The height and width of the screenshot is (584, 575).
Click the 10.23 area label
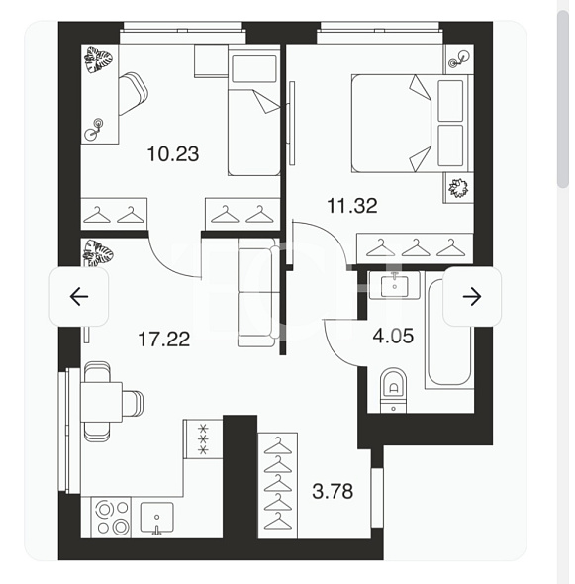[173, 153]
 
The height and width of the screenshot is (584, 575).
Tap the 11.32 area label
[352, 205]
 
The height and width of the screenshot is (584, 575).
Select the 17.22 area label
[164, 339]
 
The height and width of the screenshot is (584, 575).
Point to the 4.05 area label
[393, 336]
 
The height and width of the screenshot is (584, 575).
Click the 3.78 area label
[333, 491]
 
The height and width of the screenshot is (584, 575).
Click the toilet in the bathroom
[393, 390]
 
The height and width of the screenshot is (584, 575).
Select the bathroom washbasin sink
[394, 285]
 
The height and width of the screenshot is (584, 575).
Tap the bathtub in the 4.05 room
[449, 332]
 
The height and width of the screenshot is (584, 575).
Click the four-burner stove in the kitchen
[112, 518]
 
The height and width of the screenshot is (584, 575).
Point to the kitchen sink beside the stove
[156, 518]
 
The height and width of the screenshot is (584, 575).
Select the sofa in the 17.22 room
[258, 292]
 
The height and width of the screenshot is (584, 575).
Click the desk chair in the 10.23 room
[133, 93]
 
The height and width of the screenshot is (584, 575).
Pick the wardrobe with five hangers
[277, 485]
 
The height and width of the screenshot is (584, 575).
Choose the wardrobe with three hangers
[415, 248]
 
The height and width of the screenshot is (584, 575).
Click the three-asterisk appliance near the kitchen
[203, 439]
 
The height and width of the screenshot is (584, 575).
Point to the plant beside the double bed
[458, 188]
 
